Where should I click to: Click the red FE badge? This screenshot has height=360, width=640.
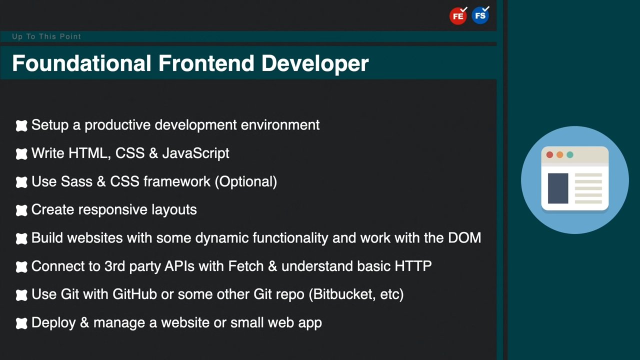tap(458, 16)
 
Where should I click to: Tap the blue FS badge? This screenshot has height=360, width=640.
tap(480, 15)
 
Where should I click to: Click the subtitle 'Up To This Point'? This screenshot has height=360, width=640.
tap(46, 36)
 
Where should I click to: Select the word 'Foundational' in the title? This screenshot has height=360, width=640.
tap(81, 63)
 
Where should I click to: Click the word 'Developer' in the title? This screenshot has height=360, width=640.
tap(315, 63)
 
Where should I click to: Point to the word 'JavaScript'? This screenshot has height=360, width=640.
tap(195, 153)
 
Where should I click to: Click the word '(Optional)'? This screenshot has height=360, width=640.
tap(245, 181)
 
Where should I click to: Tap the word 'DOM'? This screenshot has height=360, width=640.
tap(464, 237)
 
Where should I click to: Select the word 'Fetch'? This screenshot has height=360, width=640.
tap(245, 266)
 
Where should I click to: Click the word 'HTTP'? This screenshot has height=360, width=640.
tap(413, 266)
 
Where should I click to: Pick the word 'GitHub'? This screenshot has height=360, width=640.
tap(134, 294)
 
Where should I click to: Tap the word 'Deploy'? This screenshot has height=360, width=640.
tap(53, 323)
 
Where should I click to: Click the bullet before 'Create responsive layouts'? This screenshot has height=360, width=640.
tap(21, 210)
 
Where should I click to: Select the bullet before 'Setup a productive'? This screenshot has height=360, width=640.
tap(21, 125)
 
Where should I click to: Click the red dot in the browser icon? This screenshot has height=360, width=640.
tap(549, 154)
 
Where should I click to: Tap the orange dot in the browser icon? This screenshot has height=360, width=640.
tap(559, 154)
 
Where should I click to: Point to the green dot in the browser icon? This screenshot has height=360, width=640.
tap(570, 154)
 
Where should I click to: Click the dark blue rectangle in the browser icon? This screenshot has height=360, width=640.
tap(558, 188)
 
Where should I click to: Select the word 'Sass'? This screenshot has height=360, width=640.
tap(76, 181)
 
